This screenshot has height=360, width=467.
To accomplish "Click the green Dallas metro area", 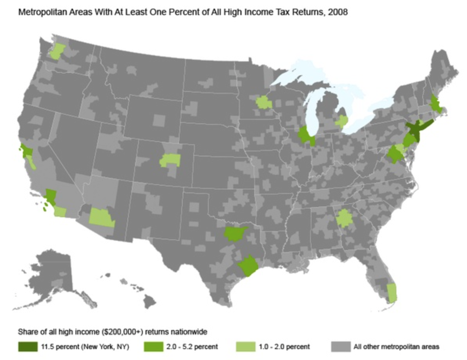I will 235,234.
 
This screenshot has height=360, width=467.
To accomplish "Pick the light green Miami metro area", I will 392,293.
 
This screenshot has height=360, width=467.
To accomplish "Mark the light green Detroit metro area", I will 342,122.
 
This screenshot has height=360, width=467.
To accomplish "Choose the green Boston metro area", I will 435,104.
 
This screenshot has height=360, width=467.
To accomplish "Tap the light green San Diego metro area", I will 60,211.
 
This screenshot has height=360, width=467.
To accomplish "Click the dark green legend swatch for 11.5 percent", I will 27,346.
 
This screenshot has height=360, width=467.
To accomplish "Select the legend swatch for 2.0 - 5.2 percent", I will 154,346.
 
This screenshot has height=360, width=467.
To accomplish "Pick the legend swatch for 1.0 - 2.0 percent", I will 246,346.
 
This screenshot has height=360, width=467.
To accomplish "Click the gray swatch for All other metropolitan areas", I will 340,346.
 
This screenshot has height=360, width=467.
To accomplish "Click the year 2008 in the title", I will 339,13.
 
